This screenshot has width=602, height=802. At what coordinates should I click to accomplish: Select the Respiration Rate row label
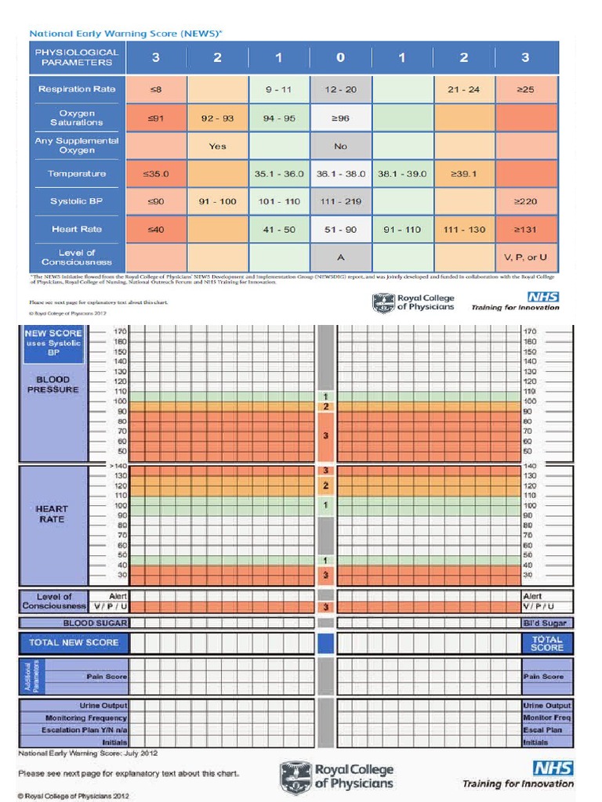point(76,89)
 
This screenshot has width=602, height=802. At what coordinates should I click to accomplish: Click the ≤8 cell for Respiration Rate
point(156,89)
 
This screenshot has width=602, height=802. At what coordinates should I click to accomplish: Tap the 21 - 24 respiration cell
point(464,89)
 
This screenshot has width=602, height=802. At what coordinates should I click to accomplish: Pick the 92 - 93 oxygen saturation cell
point(217,117)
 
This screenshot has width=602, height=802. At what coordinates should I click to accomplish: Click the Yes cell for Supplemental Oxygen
point(217,146)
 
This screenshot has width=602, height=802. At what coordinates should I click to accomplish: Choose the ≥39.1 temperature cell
point(464,174)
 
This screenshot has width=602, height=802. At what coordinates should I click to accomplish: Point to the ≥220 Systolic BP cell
point(525,201)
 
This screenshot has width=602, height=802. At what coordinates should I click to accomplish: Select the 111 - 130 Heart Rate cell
point(464,229)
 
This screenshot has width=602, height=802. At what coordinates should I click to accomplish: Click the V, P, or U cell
point(525,257)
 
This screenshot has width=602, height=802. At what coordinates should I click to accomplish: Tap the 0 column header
point(340,57)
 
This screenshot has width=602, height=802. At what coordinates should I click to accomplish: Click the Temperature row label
point(76,174)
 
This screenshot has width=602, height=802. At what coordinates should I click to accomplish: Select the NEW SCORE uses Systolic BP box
point(54,343)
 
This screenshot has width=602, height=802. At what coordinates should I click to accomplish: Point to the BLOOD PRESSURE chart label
point(53,385)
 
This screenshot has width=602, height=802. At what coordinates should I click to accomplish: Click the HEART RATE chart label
point(52,514)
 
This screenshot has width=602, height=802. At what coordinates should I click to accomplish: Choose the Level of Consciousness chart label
point(53,601)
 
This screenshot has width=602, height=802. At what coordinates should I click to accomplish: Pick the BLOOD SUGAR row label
point(96,623)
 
